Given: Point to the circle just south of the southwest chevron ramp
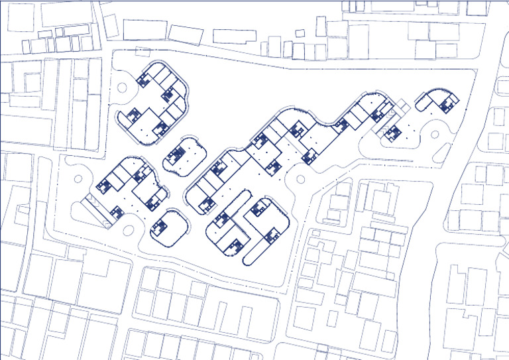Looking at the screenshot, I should tap(127, 232).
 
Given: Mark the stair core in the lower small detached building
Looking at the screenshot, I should tap(158, 228).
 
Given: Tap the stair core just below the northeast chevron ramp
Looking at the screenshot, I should tap(393, 132).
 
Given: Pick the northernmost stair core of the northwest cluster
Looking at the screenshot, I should tap(143, 80).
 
